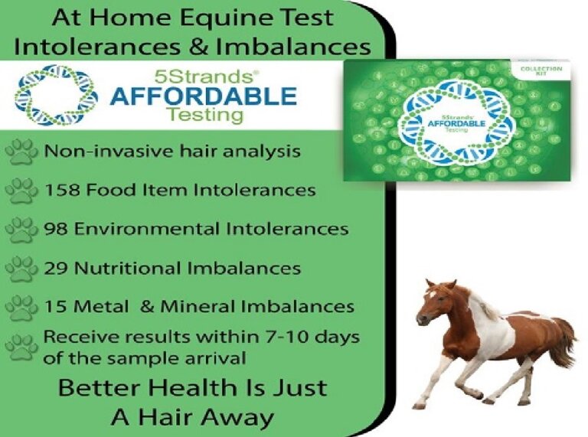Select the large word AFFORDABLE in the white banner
[x=202, y=96]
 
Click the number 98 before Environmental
[x=54, y=228]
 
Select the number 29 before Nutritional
[x=54, y=268]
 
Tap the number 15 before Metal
[x=54, y=307]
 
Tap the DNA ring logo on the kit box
[x=456, y=122]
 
